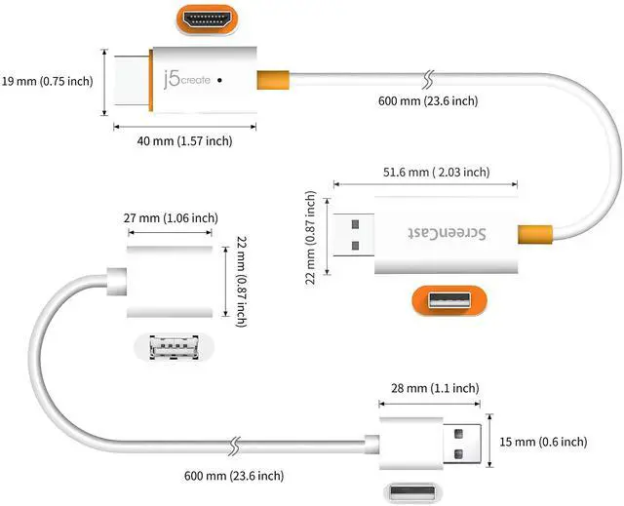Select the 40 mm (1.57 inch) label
click(x=184, y=141)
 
